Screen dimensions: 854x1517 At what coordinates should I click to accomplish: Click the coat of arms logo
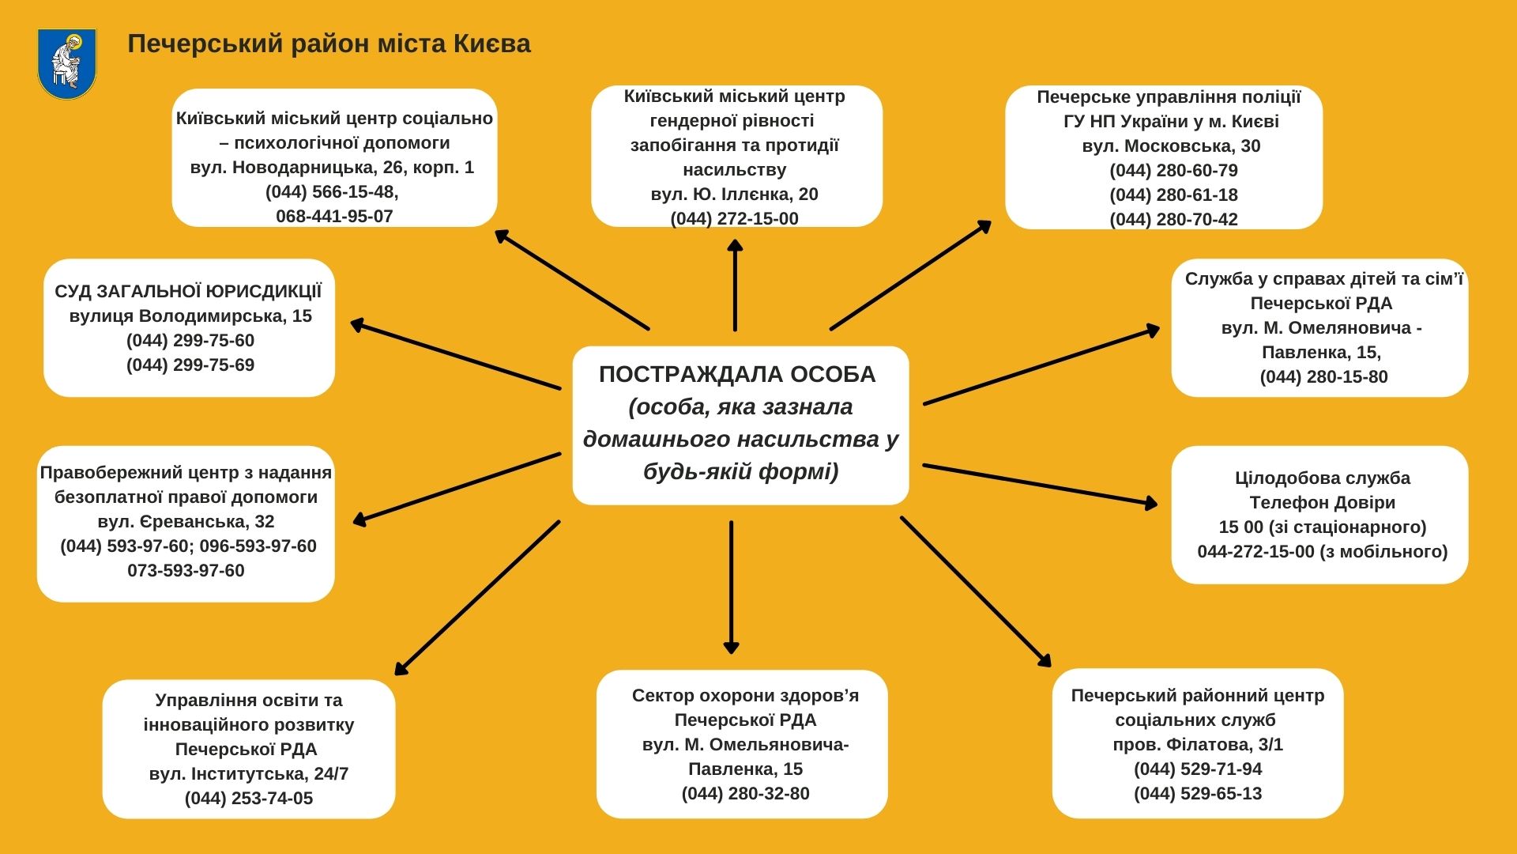coord(66,63)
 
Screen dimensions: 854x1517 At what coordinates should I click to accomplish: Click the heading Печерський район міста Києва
coord(329,43)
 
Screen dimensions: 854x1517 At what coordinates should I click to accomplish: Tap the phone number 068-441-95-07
coord(334,217)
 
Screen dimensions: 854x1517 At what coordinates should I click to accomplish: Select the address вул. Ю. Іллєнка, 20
coord(734,195)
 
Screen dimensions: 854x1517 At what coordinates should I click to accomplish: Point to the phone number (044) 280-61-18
coord(1173,195)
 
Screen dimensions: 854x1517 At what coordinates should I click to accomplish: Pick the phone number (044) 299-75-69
coord(190,365)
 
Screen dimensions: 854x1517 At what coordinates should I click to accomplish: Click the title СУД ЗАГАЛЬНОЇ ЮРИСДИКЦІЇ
coord(188,292)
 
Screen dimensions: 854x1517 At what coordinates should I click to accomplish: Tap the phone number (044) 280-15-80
coord(1323,377)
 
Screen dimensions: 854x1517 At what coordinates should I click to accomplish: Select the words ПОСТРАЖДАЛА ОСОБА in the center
coord(737,375)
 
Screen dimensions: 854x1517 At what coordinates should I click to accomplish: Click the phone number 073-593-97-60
coord(186,571)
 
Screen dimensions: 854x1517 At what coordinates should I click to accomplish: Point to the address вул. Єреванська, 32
coord(186,522)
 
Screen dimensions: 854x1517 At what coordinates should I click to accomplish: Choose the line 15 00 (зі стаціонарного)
coord(1322,527)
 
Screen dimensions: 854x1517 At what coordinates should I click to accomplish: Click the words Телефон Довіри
coord(1322,503)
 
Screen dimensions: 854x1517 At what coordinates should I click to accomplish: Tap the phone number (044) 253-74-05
coord(249,799)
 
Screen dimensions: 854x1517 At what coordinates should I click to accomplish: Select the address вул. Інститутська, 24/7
coord(249,774)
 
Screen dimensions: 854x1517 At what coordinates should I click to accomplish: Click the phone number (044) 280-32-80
coord(745,794)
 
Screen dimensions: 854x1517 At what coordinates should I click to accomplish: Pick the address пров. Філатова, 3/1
coord(1198,745)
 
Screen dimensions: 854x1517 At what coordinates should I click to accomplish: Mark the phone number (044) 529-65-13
coord(1198,794)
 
